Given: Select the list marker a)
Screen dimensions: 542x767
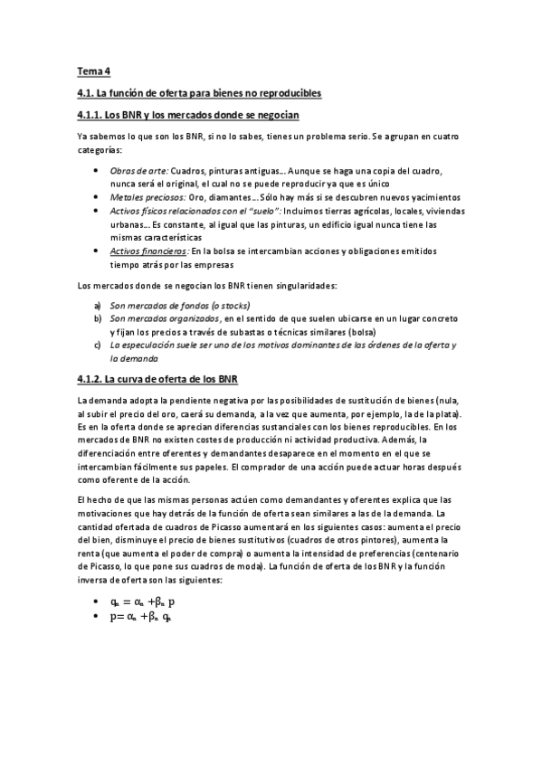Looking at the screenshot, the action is pyautogui.click(x=98, y=306).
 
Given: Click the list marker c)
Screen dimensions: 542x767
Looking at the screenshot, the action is pyautogui.click(x=98, y=345).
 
